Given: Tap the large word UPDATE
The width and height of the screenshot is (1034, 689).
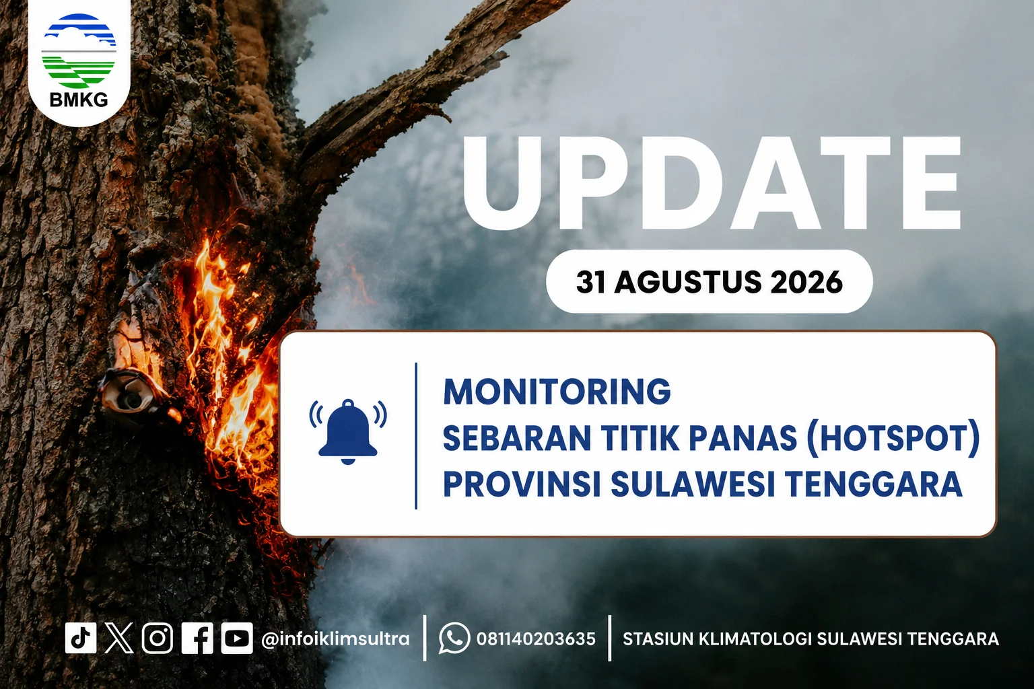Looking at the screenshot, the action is click(x=712, y=182).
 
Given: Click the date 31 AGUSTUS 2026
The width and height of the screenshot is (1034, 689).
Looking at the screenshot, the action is click(x=709, y=281).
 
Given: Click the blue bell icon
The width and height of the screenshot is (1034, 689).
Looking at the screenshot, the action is click(x=348, y=432).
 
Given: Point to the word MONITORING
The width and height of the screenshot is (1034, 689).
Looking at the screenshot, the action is click(x=557, y=392).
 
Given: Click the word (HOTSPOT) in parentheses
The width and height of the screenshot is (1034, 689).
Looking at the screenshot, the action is click(x=893, y=437).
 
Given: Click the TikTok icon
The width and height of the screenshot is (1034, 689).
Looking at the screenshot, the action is click(x=81, y=638).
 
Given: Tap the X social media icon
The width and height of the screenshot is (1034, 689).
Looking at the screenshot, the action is click(x=119, y=638).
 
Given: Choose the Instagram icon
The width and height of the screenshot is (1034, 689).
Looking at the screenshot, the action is click(x=158, y=638).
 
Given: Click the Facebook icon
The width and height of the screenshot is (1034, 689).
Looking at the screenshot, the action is click(x=197, y=639).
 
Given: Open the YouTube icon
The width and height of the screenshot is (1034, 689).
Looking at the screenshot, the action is click(x=237, y=639).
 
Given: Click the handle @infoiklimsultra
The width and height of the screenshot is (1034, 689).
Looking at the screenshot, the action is click(x=335, y=639).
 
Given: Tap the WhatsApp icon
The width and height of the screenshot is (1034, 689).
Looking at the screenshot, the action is click(x=454, y=639).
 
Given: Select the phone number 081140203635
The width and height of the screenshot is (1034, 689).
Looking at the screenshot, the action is click(x=536, y=639).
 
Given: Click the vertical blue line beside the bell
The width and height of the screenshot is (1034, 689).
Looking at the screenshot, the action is click(x=417, y=436).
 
